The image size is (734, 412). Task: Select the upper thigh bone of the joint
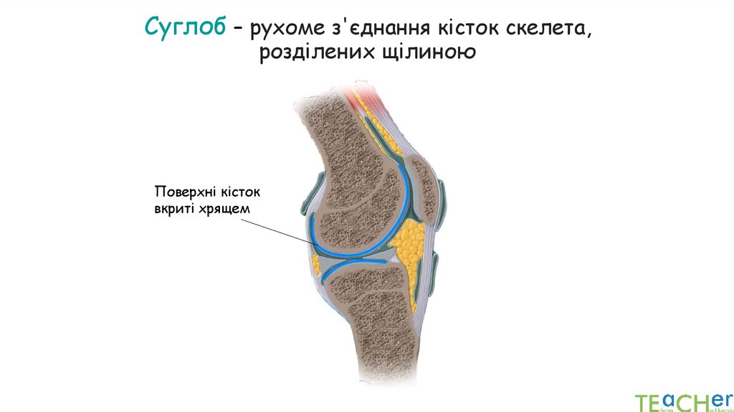351,187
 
